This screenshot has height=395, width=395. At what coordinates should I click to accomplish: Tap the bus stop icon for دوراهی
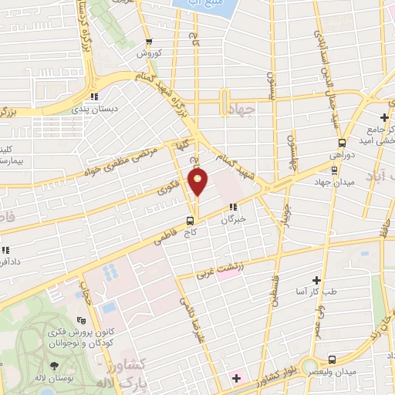coord(342,143)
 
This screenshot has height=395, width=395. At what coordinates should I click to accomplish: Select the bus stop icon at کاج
coord(190,222)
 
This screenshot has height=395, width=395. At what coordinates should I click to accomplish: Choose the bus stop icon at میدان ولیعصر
coord(331,360)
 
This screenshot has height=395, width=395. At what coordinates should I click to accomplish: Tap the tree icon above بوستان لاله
coord(53,366)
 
